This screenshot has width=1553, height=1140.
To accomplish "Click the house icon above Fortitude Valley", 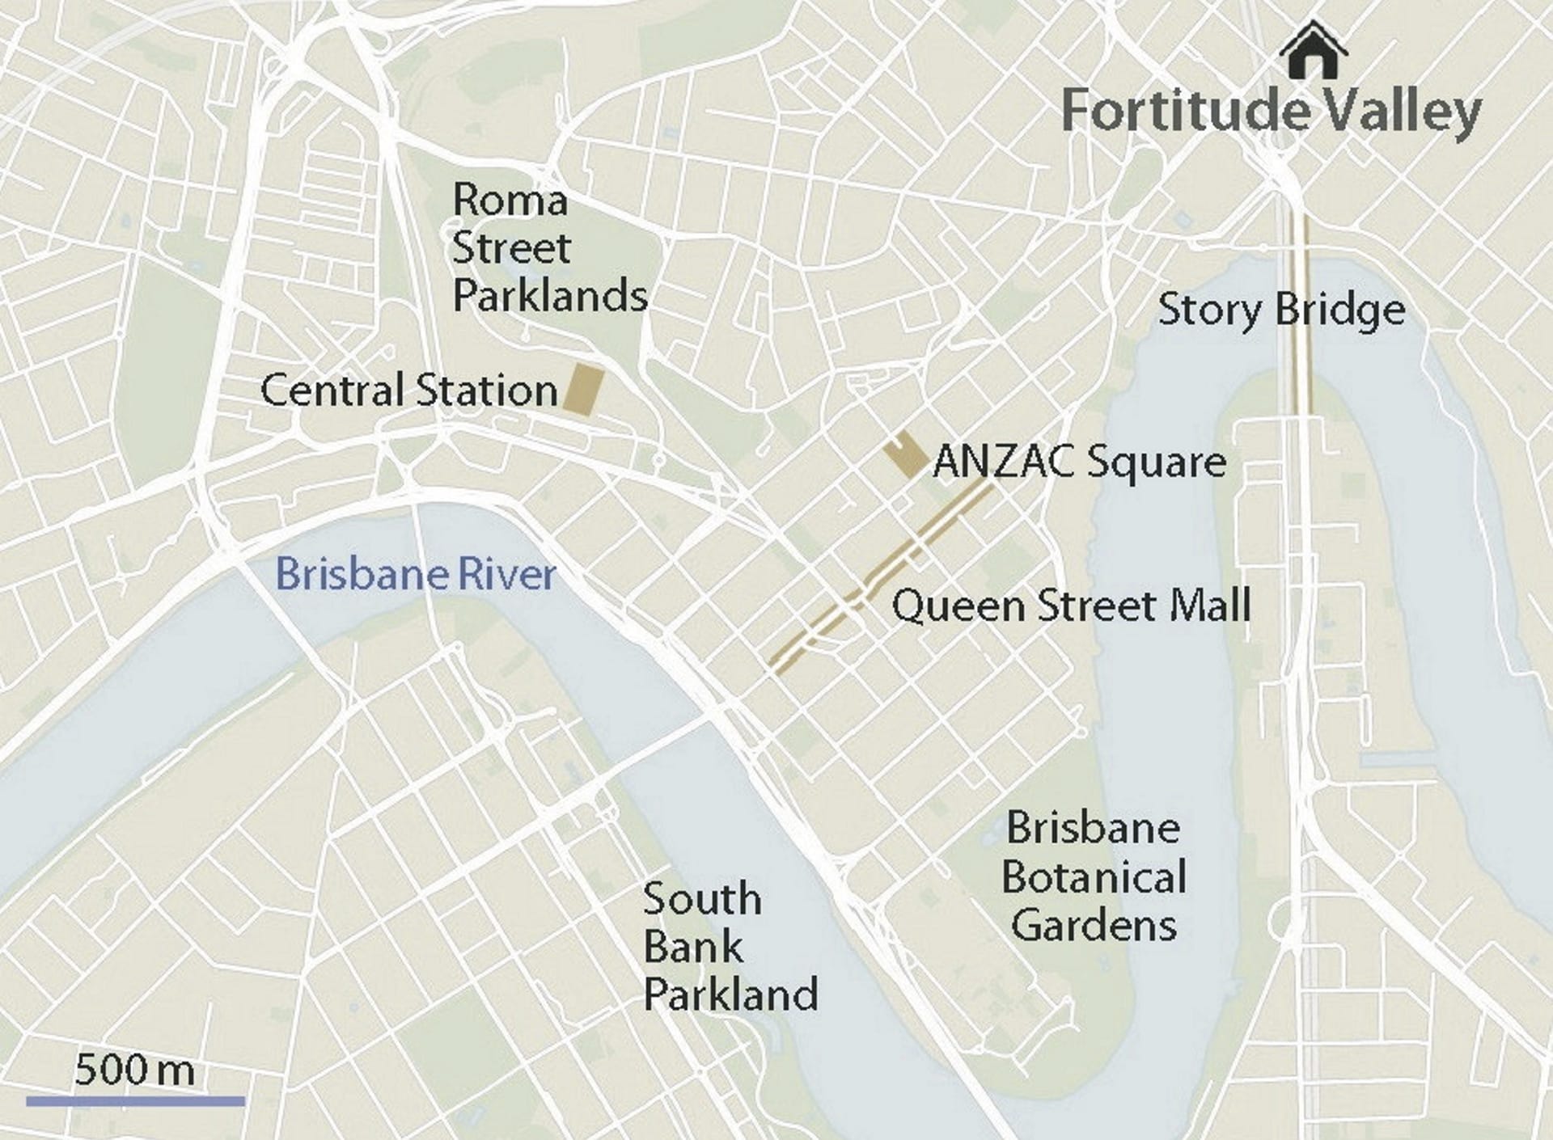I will [1314, 52].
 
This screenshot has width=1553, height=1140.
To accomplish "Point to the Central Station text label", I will [409, 391].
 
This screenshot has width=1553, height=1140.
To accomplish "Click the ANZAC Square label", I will [1080, 462].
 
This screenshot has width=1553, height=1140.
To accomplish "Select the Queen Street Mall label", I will [1071, 606].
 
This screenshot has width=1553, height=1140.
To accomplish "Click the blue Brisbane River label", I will [416, 574].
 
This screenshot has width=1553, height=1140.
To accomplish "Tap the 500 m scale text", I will [134, 1070].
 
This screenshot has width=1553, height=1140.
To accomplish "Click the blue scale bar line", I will [135, 1100].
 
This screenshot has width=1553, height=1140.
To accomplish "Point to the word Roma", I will [510, 200].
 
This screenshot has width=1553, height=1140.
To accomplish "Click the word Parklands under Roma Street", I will [550, 296].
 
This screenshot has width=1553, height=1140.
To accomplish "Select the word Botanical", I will [1094, 877].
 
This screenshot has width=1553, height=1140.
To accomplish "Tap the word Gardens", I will [1094, 926].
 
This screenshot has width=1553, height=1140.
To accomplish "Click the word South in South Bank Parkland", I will [702, 899].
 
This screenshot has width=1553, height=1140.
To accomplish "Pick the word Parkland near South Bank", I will [730, 994].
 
